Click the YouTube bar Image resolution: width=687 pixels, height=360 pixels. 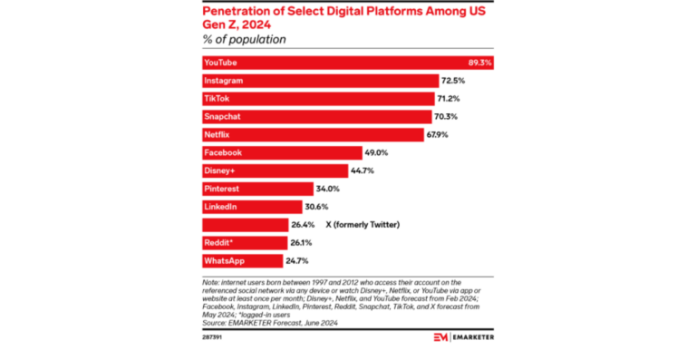(x=344, y=63)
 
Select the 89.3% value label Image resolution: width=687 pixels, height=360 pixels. (x=479, y=63)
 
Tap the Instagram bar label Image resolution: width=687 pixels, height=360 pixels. (x=224, y=81)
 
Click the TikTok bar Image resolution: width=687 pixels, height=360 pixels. (x=318, y=99)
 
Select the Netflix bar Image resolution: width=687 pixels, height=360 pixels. (x=313, y=135)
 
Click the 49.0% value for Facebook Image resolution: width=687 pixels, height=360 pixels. (x=376, y=153)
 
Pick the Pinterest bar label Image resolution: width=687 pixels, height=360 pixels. (x=222, y=189)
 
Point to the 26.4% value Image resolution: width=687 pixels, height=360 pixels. (x=303, y=225)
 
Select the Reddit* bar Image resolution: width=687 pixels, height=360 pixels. (x=244, y=243)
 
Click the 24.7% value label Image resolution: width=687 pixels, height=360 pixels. (x=297, y=260)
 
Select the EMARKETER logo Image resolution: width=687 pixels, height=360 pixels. (x=462, y=336)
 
